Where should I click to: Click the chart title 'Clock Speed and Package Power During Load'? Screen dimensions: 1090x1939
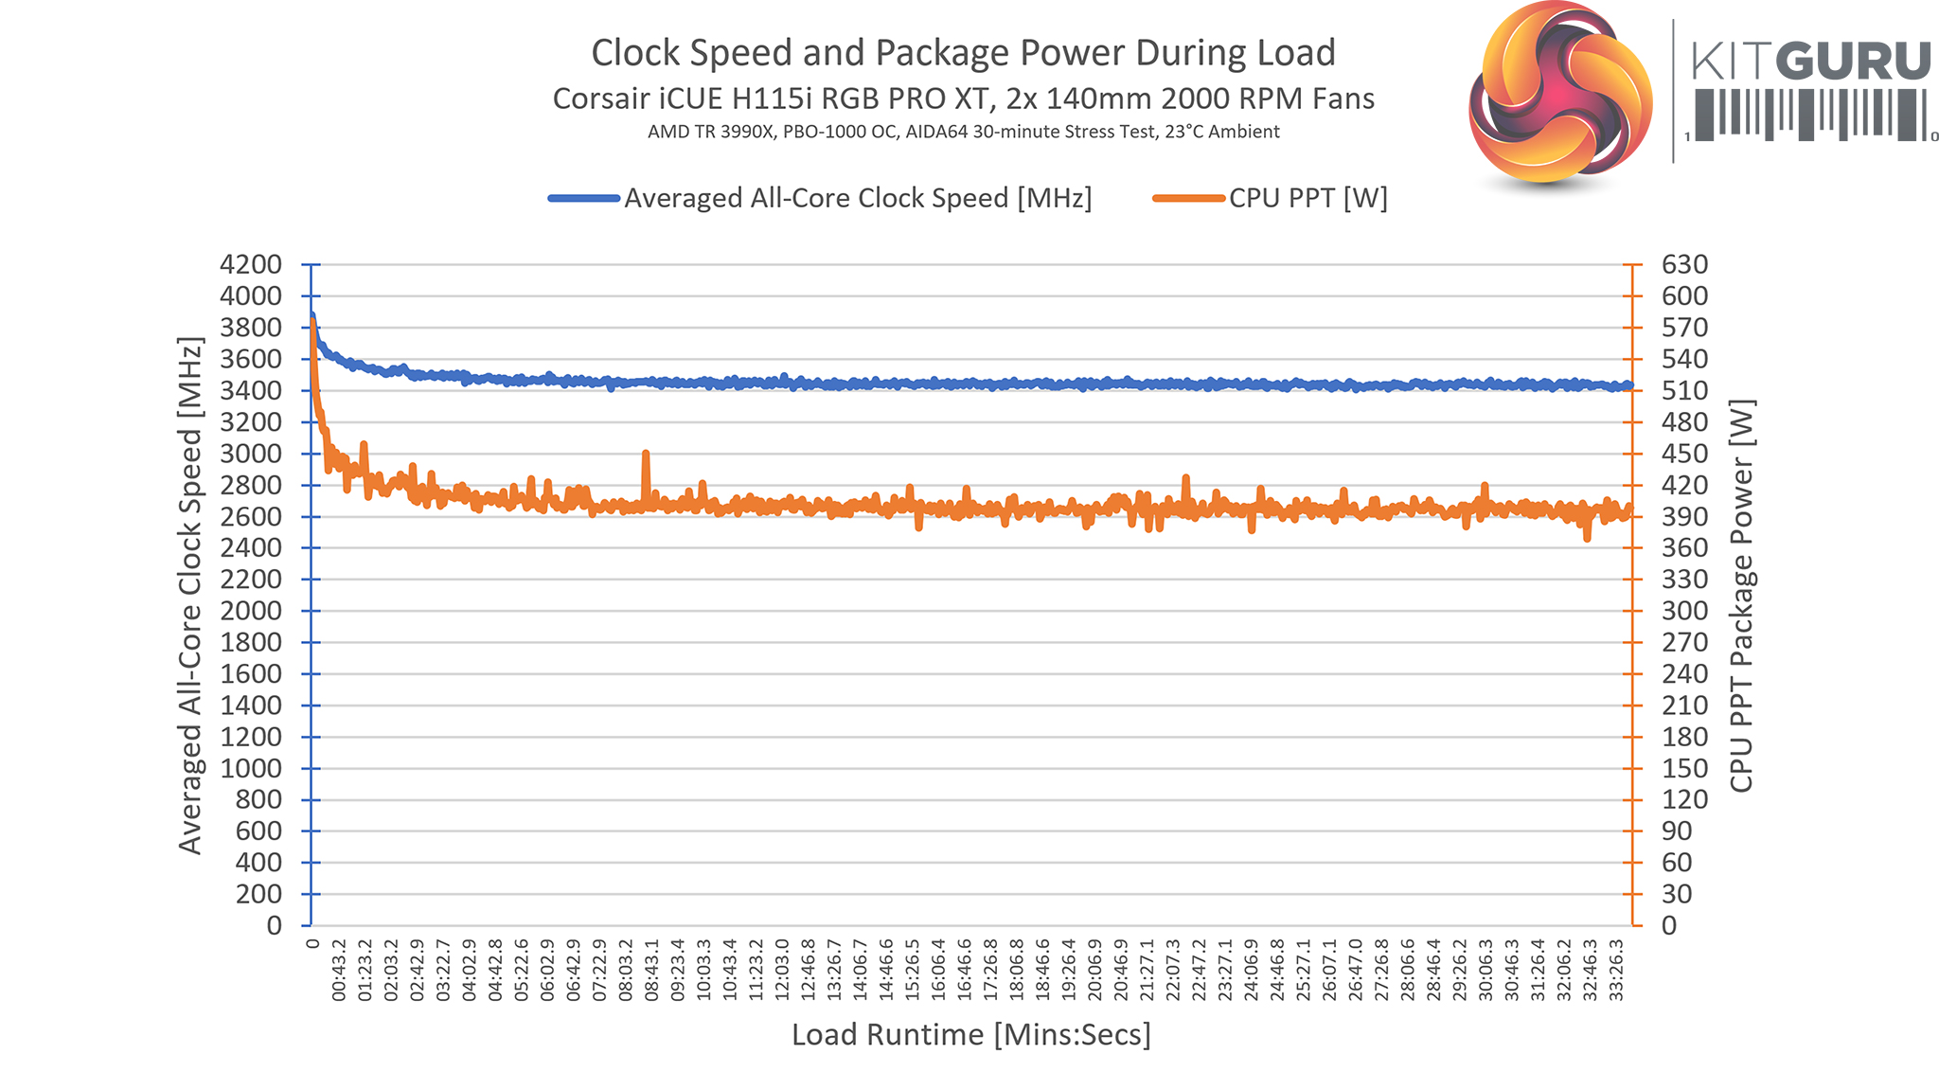[x=963, y=53]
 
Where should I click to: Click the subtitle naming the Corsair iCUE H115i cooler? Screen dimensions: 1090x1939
[x=963, y=98]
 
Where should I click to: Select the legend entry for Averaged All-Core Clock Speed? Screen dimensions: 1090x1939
[x=857, y=198]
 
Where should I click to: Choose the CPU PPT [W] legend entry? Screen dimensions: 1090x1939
[x=1307, y=198]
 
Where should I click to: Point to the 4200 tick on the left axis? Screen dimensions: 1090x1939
[x=251, y=264]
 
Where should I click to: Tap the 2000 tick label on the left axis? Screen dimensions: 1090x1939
[x=251, y=611]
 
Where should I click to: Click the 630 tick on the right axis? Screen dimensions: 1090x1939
[x=1684, y=264]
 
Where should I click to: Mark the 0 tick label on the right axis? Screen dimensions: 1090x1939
[x=1670, y=925]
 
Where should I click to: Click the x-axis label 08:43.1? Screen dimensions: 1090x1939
[x=651, y=971]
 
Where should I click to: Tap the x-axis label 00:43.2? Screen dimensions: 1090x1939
[x=339, y=971]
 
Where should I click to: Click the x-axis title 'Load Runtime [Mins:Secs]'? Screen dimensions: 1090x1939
[x=970, y=1035]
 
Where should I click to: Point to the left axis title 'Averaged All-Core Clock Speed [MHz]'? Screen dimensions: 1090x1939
[x=190, y=595]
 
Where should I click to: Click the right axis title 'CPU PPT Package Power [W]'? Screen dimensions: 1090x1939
[x=1741, y=595]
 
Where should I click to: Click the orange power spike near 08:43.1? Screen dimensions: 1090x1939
[x=646, y=455]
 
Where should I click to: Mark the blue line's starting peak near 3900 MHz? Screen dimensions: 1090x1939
[x=311, y=316]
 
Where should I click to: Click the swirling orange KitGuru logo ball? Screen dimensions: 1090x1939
[x=1560, y=92]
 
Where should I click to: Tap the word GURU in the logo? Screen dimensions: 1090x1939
[x=1854, y=63]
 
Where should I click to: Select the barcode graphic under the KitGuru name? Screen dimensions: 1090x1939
[x=1809, y=115]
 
